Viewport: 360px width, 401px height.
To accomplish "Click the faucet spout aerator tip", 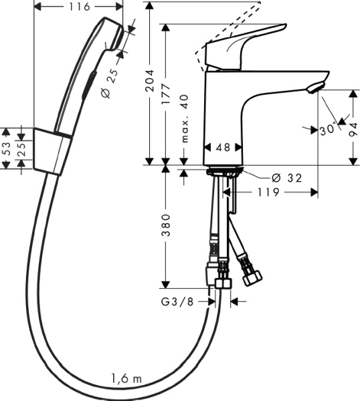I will point(315,86).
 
